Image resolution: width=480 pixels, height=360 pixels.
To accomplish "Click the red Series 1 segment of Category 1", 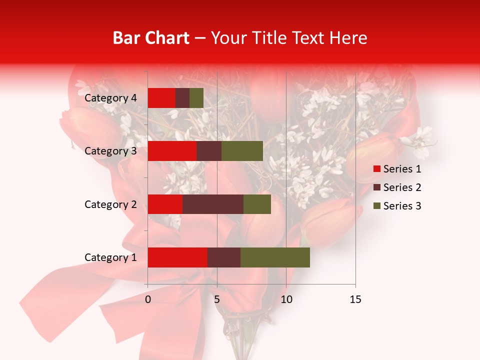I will (x=177, y=257).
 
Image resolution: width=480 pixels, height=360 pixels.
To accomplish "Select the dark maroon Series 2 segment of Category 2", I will (x=213, y=204).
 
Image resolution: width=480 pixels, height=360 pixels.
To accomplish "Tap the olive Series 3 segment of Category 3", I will (x=242, y=151).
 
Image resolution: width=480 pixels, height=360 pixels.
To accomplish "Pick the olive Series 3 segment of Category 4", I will (x=196, y=98).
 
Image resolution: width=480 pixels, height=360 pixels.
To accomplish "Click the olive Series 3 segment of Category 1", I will (x=275, y=257).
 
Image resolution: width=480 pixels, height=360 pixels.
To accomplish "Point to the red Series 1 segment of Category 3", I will (x=172, y=151).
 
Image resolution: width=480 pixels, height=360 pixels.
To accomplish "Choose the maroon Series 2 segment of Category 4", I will (x=182, y=98).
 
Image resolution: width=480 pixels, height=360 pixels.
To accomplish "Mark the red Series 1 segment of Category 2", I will (x=165, y=204).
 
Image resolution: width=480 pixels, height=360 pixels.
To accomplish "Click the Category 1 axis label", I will (x=110, y=257).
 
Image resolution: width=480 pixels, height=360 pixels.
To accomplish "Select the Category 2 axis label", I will (x=110, y=204).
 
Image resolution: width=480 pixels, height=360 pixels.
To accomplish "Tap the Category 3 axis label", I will (x=110, y=151).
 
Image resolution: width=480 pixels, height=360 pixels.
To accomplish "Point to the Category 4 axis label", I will (x=110, y=98).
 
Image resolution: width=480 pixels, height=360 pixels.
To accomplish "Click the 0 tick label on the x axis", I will (x=148, y=299).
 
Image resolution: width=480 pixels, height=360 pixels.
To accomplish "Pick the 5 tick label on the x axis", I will (x=217, y=299).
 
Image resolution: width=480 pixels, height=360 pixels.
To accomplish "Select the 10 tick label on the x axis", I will (x=286, y=299).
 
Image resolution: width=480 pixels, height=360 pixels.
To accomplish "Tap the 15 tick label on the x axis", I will (x=355, y=299).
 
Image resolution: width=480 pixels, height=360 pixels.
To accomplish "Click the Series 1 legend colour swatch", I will (x=377, y=169).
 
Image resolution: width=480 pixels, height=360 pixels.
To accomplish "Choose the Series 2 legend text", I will (x=402, y=187).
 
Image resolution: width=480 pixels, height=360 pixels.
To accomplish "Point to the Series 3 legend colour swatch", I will (x=377, y=206).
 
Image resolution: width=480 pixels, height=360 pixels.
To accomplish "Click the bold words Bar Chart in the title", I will (x=150, y=38).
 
